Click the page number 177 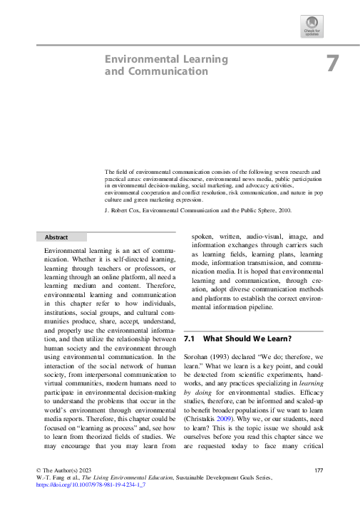coord(319,472)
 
